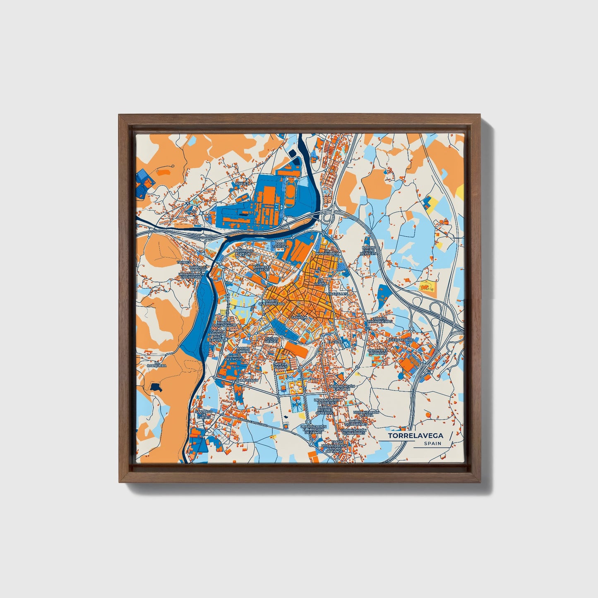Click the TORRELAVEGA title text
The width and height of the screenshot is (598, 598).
point(415,436)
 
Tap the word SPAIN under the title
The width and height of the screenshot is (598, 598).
point(432,444)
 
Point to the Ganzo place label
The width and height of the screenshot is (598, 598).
point(190,211)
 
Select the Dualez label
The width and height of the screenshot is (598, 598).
point(242,183)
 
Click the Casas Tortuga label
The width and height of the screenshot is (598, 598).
point(281,245)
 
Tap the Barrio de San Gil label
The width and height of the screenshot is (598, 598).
point(244,252)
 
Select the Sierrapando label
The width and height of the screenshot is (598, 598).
point(401,339)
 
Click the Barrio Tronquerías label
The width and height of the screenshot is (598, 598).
point(379,320)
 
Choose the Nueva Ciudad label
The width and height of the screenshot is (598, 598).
point(280,365)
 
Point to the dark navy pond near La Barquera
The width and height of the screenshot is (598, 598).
point(156,387)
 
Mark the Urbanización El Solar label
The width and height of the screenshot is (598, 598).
point(342,387)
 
